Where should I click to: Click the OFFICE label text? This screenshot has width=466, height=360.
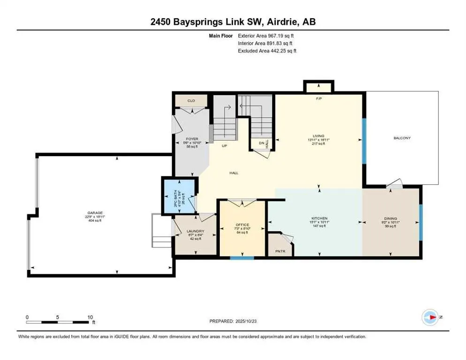pyautogui.click(x=242, y=225)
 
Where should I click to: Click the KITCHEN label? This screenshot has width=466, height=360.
pyautogui.click(x=319, y=218)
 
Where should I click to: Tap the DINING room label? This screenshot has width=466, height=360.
pyautogui.click(x=391, y=218)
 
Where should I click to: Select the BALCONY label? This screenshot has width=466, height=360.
pyautogui.click(x=402, y=138)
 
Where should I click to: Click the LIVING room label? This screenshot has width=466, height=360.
pyautogui.click(x=319, y=136)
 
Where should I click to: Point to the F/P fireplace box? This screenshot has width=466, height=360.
pyautogui.click(x=319, y=87)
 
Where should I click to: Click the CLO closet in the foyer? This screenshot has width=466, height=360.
pyautogui.click(x=191, y=101)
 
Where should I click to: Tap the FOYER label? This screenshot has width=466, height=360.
pyautogui.click(x=191, y=139)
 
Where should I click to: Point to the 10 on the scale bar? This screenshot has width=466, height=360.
pyautogui.click(x=89, y=317)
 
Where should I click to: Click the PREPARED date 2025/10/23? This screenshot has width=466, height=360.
pyautogui.click(x=233, y=321)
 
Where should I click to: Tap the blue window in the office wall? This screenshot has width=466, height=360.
pyautogui.click(x=242, y=257)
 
